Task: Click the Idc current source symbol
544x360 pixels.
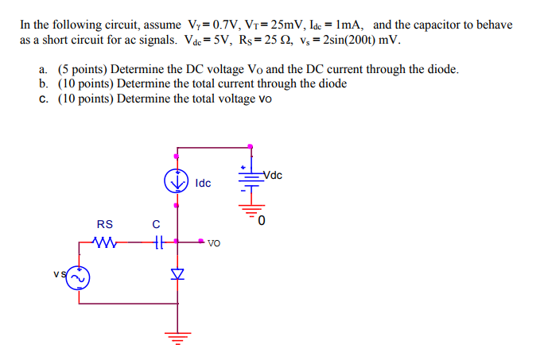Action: point(177,181)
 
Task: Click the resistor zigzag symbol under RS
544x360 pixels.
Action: point(104,242)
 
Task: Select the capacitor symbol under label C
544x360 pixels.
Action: point(157,242)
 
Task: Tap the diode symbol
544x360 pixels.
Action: point(177,273)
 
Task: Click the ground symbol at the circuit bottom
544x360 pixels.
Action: point(177,337)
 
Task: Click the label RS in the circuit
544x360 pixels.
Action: point(104,224)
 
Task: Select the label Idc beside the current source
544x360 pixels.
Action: point(203,183)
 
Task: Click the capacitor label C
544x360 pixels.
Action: point(156,224)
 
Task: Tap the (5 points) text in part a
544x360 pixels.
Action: point(83,69)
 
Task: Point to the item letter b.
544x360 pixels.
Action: point(42,83)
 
